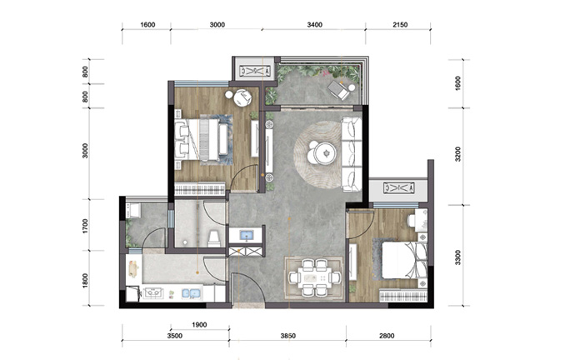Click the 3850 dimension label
click(287, 336)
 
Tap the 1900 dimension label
click(199, 324)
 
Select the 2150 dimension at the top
click(400, 24)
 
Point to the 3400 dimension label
click(315, 24)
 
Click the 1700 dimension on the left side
click(86, 226)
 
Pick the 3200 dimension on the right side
click(457, 154)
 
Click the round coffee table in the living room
click(325, 152)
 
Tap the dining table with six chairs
click(315, 277)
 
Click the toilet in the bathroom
click(213, 238)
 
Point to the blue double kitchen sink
click(192, 293)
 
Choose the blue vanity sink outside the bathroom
click(246, 235)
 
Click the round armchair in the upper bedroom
click(242, 97)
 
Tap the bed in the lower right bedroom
click(404, 261)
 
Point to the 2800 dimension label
click(387, 336)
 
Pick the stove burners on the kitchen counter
click(153, 293)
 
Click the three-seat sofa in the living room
click(352, 154)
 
